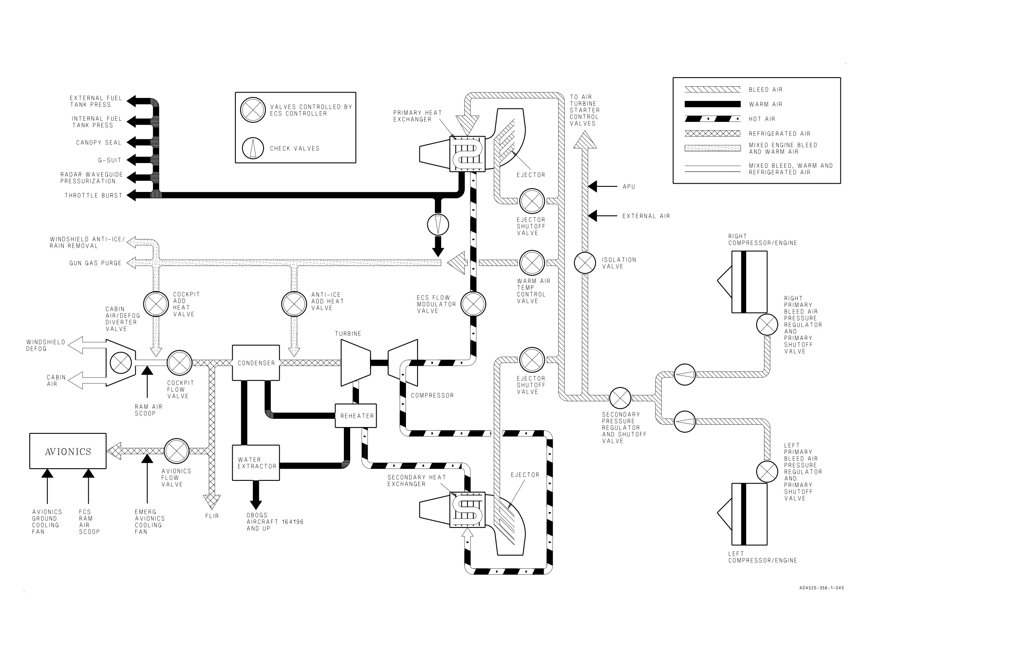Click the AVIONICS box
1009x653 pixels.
[x=68, y=451]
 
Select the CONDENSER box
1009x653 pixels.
[x=256, y=363]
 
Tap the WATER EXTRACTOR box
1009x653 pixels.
[x=256, y=463]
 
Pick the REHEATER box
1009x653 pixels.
[x=356, y=416]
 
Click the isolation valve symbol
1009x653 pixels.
[x=585, y=263]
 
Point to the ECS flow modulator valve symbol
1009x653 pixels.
[x=474, y=304]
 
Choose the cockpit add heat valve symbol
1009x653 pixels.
[x=156, y=304]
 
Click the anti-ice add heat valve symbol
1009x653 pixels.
[x=294, y=304]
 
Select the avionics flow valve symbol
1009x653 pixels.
[x=176, y=451]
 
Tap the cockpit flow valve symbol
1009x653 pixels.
[x=180, y=363]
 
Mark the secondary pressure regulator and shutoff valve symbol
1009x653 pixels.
[x=620, y=398]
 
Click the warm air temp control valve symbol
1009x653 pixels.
[x=532, y=263]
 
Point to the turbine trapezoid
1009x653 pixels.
[x=356, y=363]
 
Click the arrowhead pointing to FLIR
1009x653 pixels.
[x=212, y=502]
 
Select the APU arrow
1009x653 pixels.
[x=602, y=186]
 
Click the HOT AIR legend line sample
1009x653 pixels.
[x=713, y=119]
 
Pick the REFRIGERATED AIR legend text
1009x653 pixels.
[x=780, y=134]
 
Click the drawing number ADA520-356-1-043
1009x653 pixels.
[x=821, y=588]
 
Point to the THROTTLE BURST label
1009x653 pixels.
[x=93, y=196]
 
